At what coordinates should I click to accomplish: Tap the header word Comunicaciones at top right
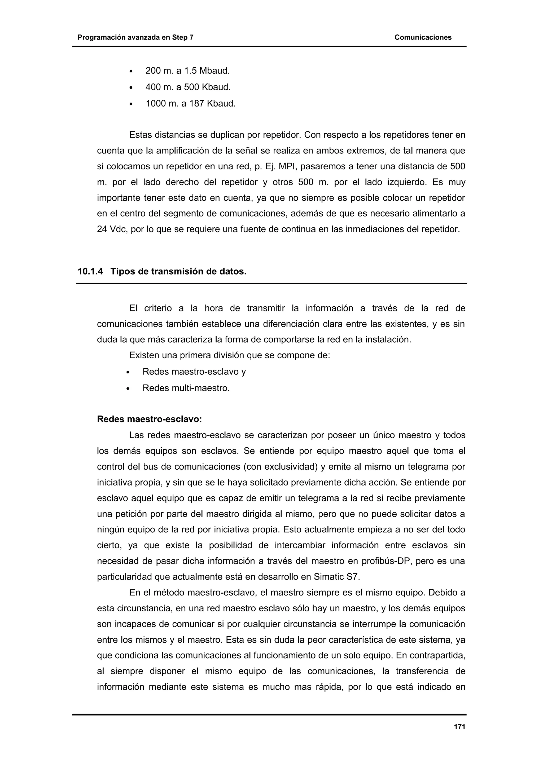coord(423,37)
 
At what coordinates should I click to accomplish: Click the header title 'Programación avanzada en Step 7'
coord(135,37)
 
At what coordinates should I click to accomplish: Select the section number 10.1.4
coord(90,272)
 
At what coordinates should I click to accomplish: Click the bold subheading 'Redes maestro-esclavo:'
coord(149,419)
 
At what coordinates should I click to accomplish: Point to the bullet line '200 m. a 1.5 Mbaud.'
coord(187,71)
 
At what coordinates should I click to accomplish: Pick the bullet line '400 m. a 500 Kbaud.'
coord(188,87)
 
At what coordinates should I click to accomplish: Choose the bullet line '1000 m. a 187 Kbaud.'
coord(190,104)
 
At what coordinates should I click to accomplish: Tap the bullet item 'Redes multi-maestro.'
coord(186,388)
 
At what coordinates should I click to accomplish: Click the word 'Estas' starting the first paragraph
coord(140,135)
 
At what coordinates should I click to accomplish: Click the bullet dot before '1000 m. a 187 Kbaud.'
coord(131,105)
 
